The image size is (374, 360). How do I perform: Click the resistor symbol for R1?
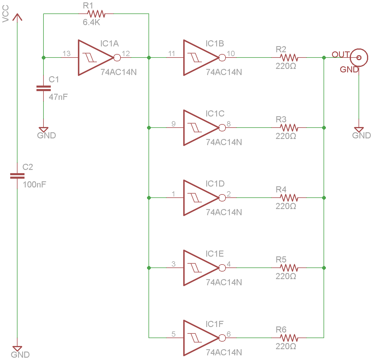pyautogui.click(x=96, y=14)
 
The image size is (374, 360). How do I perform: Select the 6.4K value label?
pyautogui.click(x=91, y=22)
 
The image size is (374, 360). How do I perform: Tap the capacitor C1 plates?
pyautogui.click(x=43, y=88)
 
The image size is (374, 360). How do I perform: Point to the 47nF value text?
pyautogui.click(x=58, y=97)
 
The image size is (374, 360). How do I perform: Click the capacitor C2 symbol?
pyautogui.click(x=17, y=176)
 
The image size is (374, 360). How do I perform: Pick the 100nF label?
pyautogui.click(x=34, y=185)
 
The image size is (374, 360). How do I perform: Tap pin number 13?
pyautogui.click(x=67, y=53)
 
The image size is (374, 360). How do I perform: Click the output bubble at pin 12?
pyautogui.click(x=117, y=58)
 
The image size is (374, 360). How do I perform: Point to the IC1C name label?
pyautogui.click(x=215, y=114)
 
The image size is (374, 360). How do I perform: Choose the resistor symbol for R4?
pyautogui.click(x=289, y=198)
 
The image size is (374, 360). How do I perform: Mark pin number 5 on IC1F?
pyautogui.click(x=174, y=334)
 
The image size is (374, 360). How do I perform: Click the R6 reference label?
pyautogui.click(x=281, y=330)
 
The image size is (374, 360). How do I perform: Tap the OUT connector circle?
pyautogui.click(x=359, y=58)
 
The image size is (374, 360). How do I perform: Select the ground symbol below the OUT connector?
pyautogui.click(x=359, y=130)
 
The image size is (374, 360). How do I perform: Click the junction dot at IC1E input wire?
pyautogui.click(x=149, y=268)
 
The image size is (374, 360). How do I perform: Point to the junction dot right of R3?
pyautogui.click(x=324, y=128)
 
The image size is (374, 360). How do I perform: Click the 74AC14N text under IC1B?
pyautogui.click(x=224, y=72)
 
